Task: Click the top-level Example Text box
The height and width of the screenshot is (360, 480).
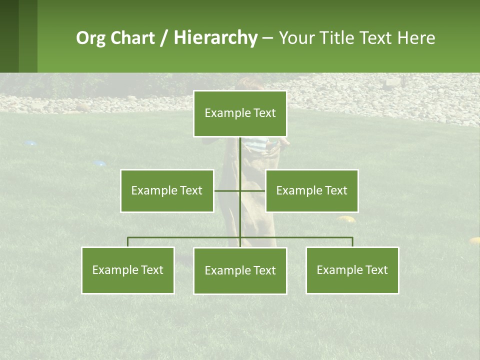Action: [x=240, y=113]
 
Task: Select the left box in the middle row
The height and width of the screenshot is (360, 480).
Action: [x=167, y=190]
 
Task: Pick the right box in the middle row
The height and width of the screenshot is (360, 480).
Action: [x=311, y=190]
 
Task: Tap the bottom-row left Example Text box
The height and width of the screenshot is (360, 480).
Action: [x=127, y=270]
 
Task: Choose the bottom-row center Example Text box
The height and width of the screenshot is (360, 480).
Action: [x=240, y=270]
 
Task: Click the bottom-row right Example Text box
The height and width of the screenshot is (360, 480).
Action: [x=352, y=270]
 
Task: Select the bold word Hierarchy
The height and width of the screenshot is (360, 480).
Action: [x=215, y=38]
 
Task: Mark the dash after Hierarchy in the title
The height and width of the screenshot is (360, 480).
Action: [x=267, y=38]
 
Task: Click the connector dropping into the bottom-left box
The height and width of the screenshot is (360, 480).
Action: [x=128, y=242]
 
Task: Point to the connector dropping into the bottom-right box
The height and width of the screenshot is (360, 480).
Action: [x=352, y=242]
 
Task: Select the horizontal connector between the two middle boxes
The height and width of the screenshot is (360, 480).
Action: [x=239, y=190]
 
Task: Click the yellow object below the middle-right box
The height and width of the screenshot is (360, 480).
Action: [x=346, y=218]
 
